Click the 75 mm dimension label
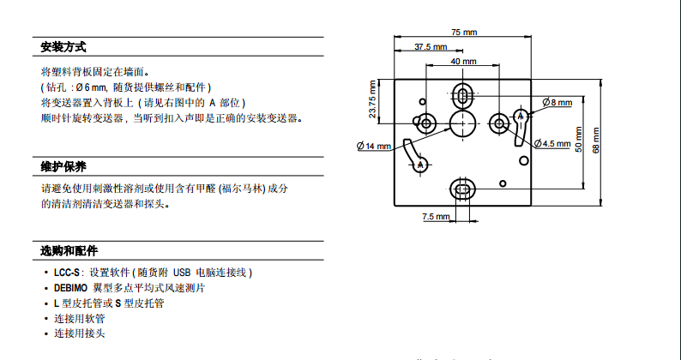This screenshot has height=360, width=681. click(464, 32)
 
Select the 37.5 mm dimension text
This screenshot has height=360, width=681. click(431, 47)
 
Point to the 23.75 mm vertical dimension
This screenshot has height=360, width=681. click(373, 100)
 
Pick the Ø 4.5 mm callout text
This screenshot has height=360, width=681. click(554, 143)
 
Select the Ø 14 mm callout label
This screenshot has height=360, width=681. click(374, 147)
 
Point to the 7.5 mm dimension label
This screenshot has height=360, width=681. click(436, 217)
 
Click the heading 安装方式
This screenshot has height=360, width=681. click(63, 47)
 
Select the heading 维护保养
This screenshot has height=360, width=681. click(63, 166)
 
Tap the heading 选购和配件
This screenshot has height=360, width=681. click(69, 251)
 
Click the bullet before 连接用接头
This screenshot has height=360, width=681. click(45, 334)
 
